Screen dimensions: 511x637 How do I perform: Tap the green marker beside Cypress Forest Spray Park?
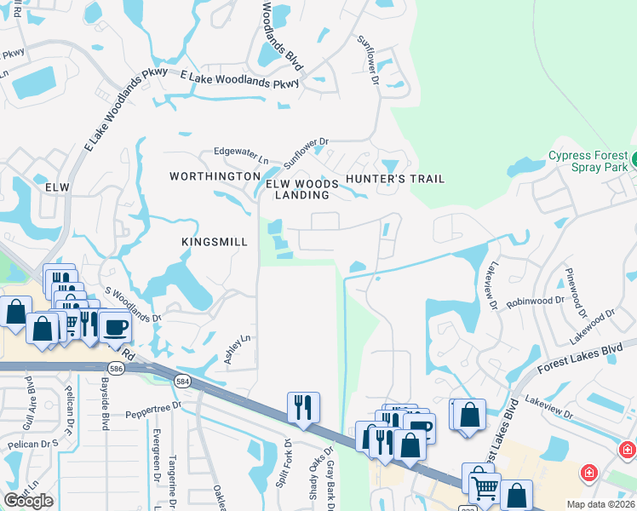click(x=634, y=158)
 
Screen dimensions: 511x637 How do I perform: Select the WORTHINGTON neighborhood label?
click(x=215, y=176)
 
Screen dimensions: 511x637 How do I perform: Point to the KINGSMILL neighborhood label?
click(x=215, y=242)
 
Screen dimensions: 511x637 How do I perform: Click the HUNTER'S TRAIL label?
click(x=394, y=179)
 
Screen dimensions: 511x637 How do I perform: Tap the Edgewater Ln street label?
click(x=241, y=154)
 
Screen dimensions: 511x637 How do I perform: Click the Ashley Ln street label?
click(x=239, y=349)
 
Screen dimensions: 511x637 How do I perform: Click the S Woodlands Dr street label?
click(x=132, y=305)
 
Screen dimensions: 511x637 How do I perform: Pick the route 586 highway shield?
click(x=116, y=367)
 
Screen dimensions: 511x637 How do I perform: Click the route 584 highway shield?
click(x=182, y=380)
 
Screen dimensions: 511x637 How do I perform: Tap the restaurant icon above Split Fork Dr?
click(x=303, y=407)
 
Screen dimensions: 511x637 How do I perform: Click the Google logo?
click(x=28, y=501)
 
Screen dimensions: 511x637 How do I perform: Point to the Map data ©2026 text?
click(x=601, y=504)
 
